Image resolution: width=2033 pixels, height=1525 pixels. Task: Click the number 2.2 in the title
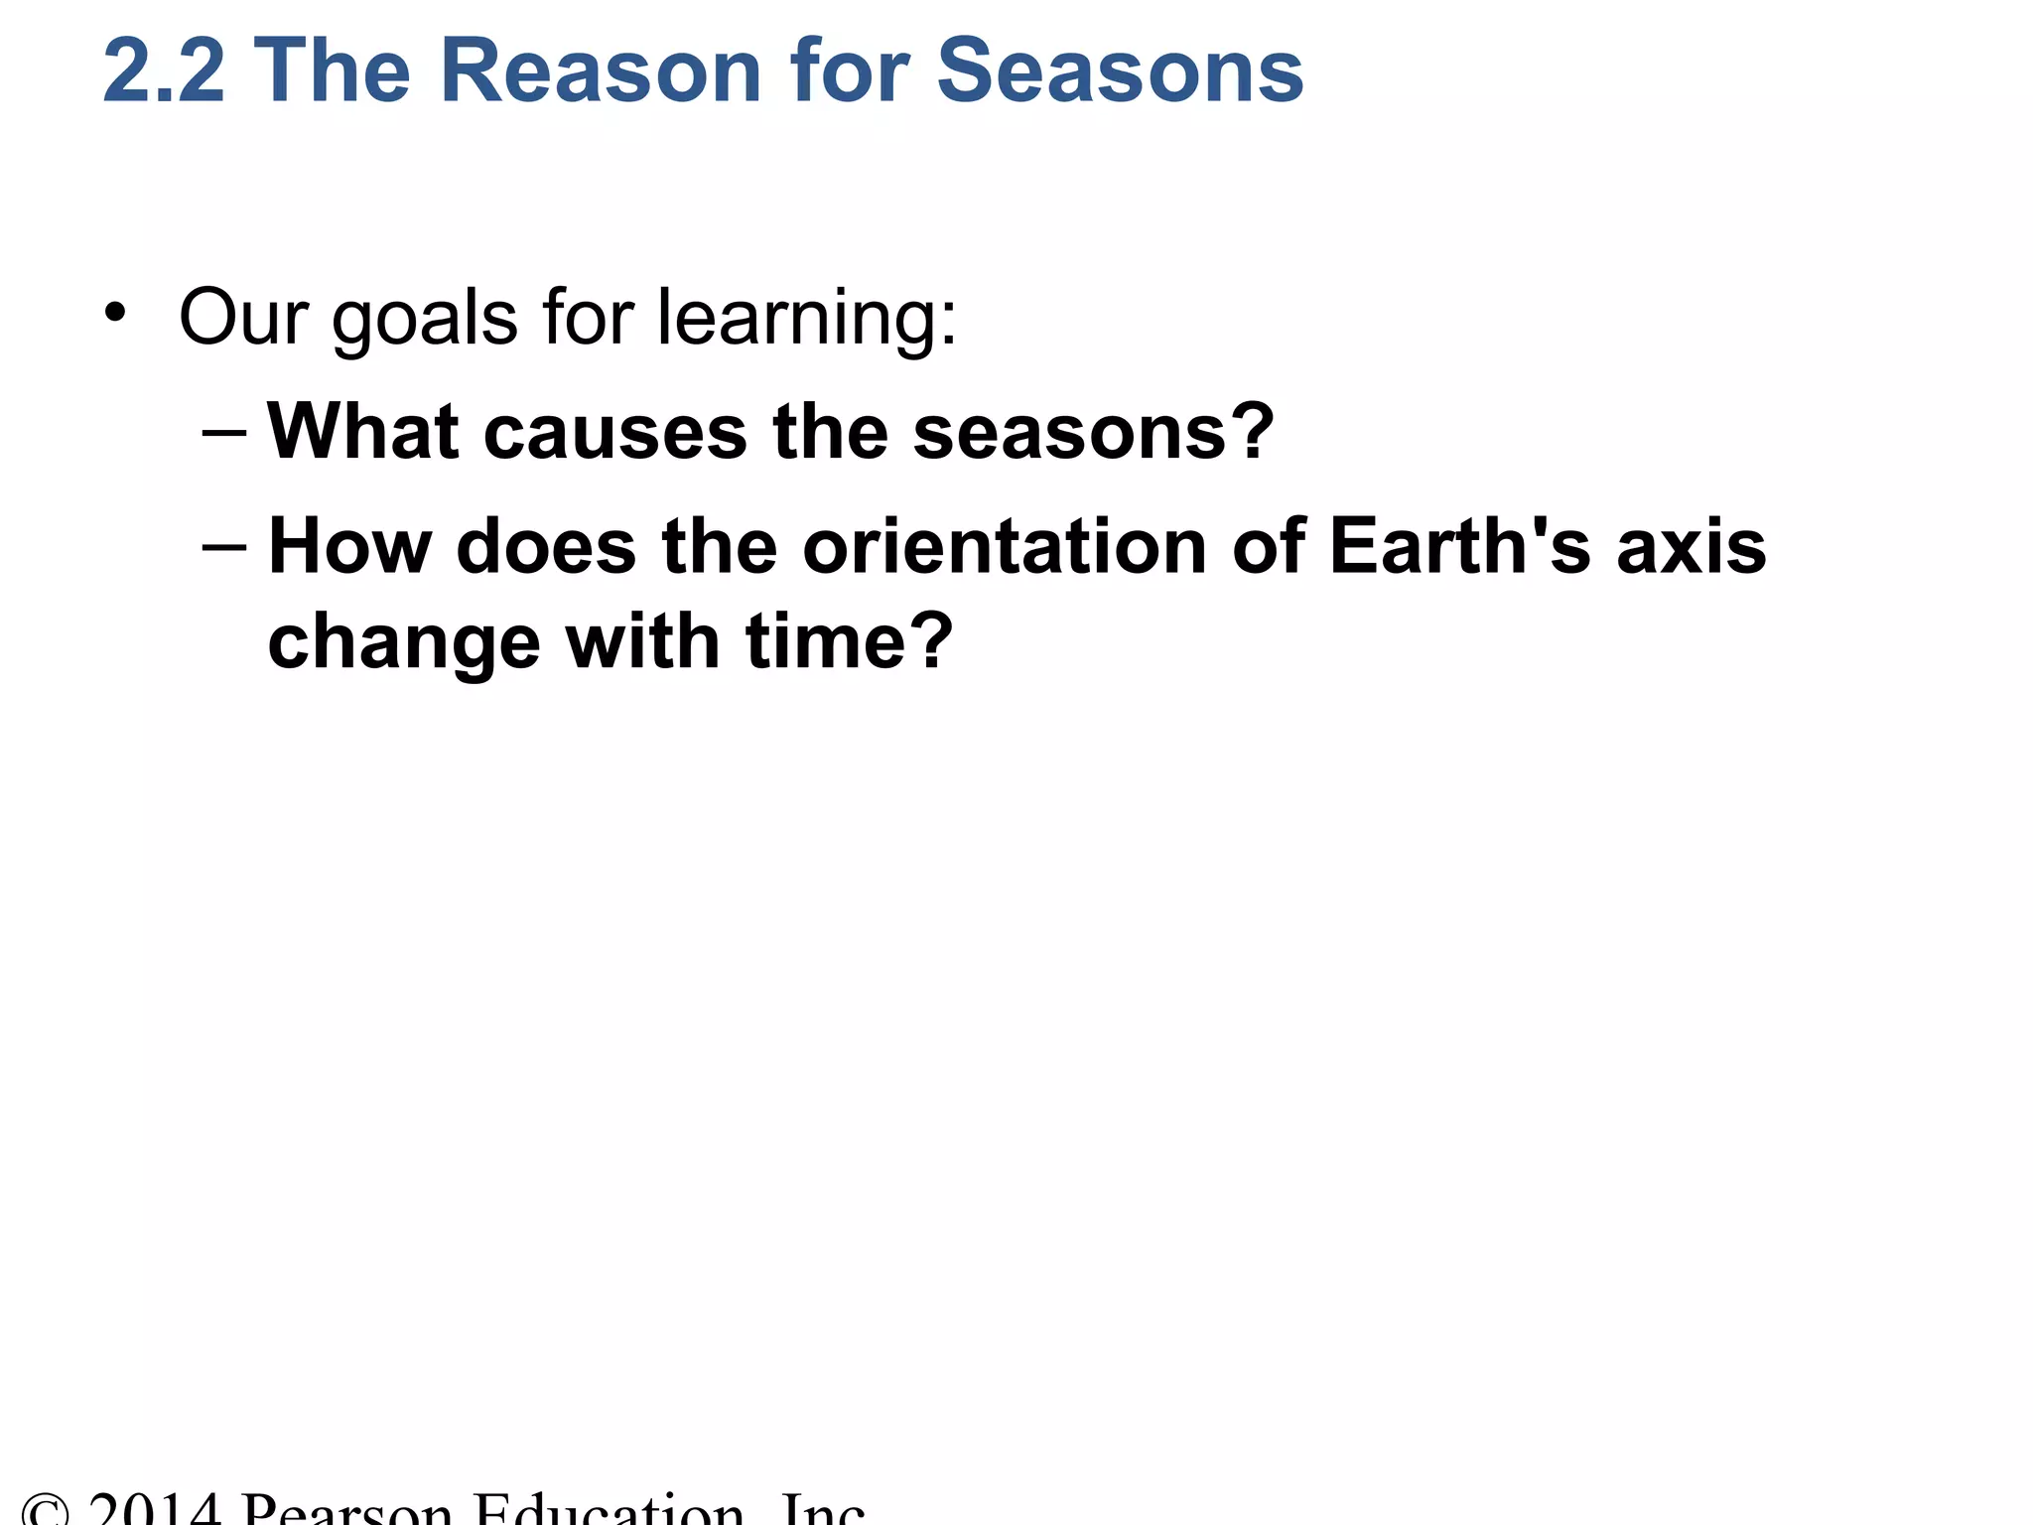[164, 71]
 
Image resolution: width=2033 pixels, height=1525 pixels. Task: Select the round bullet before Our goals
[115, 313]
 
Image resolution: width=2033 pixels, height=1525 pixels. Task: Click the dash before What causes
[223, 433]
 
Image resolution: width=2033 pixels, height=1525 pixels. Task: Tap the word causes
[614, 434]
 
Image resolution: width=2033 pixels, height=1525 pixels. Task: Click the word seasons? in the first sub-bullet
[1093, 434]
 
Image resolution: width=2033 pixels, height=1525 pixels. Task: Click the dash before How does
[223, 547]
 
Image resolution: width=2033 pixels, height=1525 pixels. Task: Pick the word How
[349, 547]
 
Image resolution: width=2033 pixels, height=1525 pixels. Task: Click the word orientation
[1004, 547]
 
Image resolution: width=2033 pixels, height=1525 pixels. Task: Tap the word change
[403, 643]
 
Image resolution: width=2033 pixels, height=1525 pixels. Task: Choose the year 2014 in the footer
[154, 1509]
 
